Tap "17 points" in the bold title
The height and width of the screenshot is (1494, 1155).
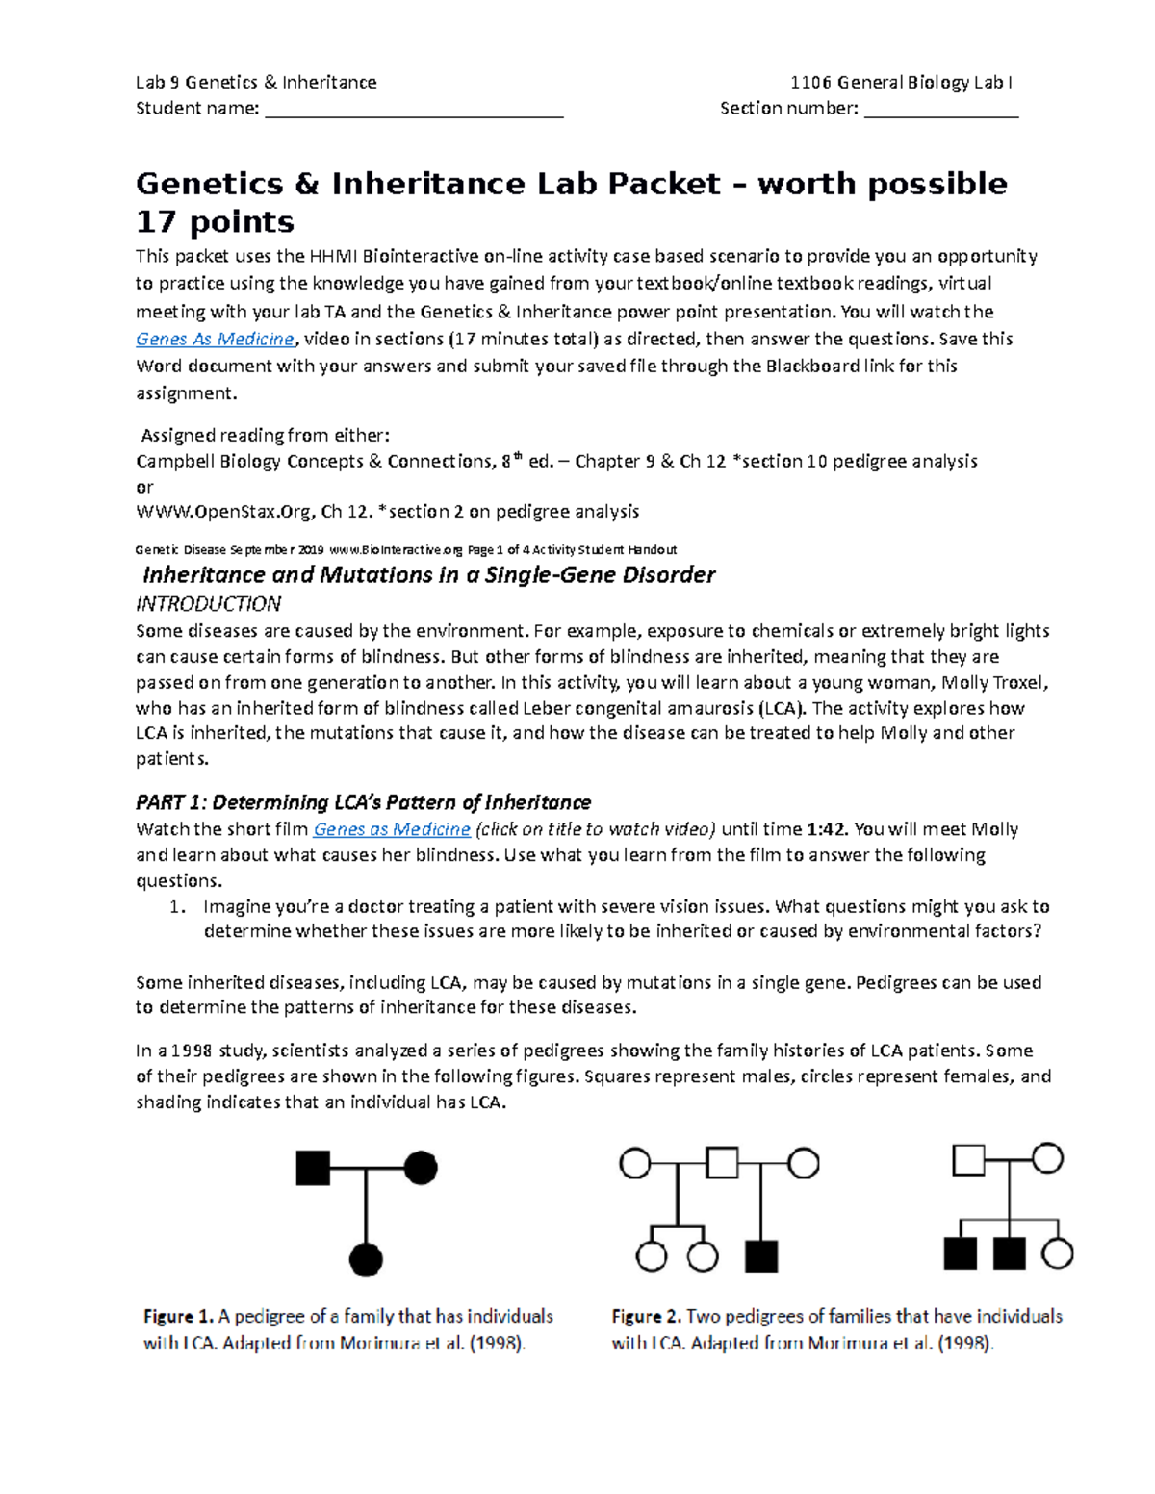pyautogui.click(x=215, y=222)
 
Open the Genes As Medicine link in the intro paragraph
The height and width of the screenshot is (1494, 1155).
pyautogui.click(x=215, y=339)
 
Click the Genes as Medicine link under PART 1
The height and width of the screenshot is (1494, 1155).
pyautogui.click(x=392, y=829)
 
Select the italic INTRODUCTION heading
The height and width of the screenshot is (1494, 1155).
pyautogui.click(x=208, y=604)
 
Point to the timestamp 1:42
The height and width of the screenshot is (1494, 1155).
pyautogui.click(x=826, y=829)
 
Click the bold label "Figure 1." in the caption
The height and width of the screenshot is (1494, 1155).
pyautogui.click(x=178, y=1316)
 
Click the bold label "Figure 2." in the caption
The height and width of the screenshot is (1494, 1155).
pyautogui.click(x=647, y=1316)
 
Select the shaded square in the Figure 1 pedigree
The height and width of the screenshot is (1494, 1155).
pyautogui.click(x=313, y=1168)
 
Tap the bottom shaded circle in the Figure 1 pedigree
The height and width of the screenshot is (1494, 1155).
pyautogui.click(x=366, y=1258)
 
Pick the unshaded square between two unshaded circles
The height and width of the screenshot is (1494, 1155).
pyautogui.click(x=722, y=1163)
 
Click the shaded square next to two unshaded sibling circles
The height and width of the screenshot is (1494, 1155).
pyautogui.click(x=761, y=1256)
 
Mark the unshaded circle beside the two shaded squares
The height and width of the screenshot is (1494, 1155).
pyautogui.click(x=1058, y=1253)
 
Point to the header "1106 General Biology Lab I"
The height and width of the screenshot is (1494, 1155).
pyautogui.click(x=900, y=83)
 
